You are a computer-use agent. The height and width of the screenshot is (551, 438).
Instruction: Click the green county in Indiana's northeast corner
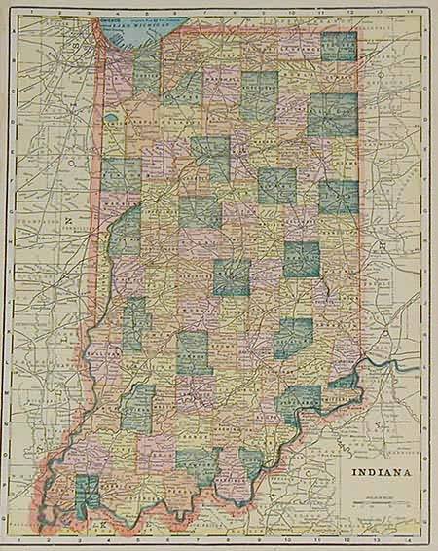pos(339,47)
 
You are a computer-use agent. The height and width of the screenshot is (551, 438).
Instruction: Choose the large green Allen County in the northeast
pos(332,115)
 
